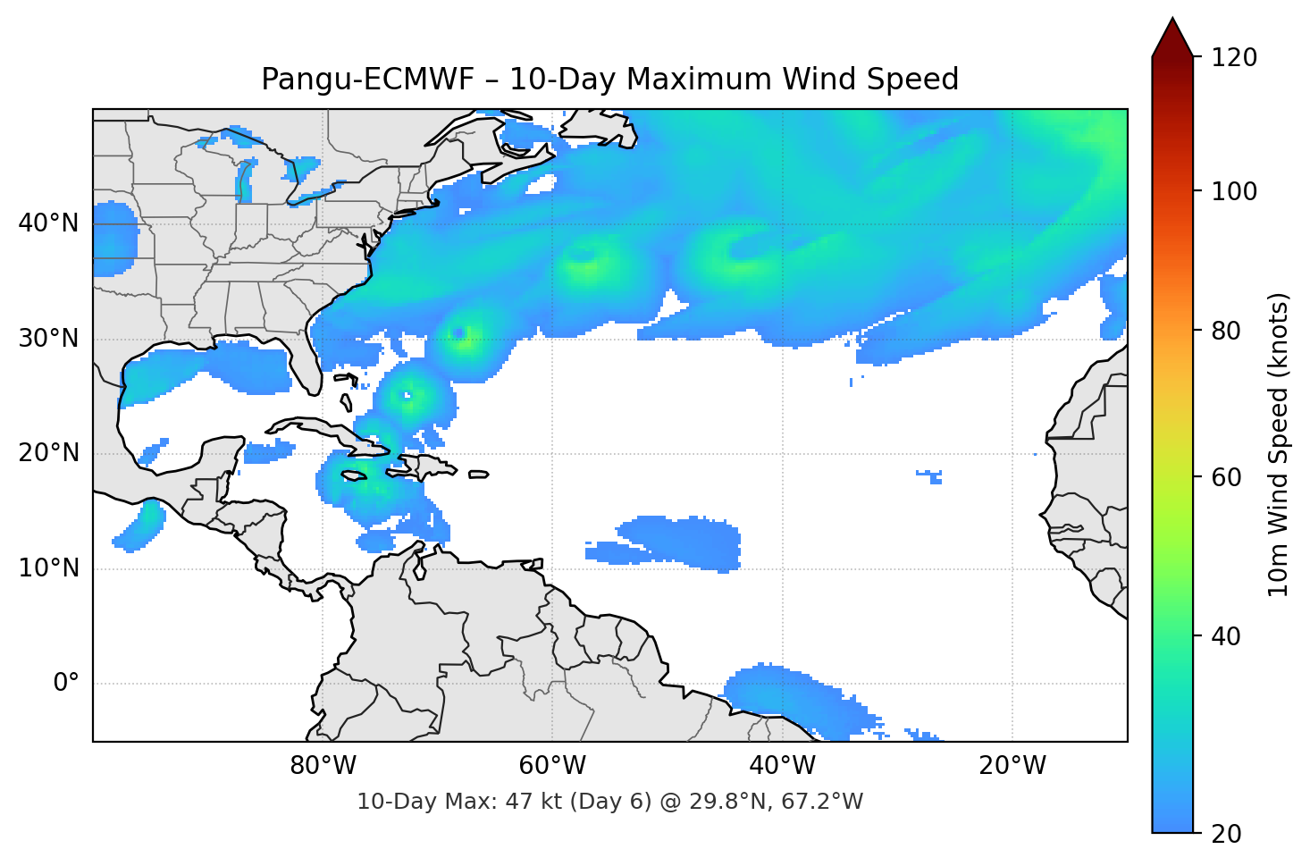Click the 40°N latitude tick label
coord(48,223)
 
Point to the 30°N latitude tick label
coord(48,339)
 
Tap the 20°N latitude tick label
coord(48,453)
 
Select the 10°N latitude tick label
coord(48,568)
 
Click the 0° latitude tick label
coord(66,684)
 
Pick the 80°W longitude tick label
coord(323,766)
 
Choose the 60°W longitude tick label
coord(552,766)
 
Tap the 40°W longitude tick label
coord(782,766)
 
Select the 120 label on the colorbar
coord(1234,57)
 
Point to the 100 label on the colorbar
coord(1234,191)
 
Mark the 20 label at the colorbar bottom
coord(1226,834)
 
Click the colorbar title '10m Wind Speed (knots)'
coord(1279,444)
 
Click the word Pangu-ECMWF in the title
coord(367,80)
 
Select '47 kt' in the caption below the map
coord(533,802)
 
